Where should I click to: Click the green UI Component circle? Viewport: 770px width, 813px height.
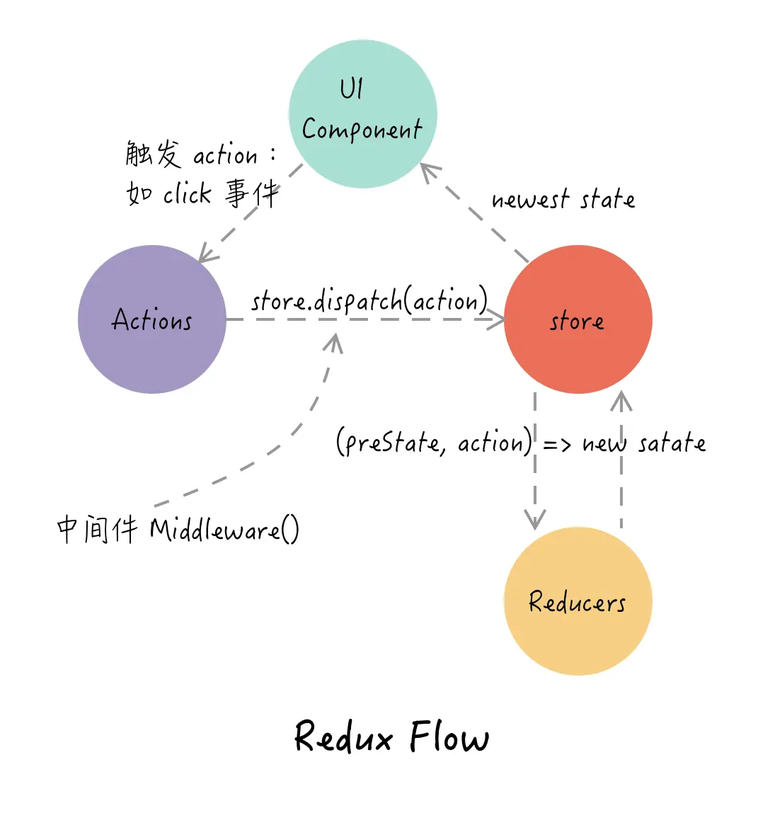pos(363,114)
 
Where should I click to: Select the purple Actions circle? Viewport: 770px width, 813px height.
pos(152,319)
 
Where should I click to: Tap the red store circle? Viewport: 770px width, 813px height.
pos(578,319)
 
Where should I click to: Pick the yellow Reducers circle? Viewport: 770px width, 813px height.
pos(578,601)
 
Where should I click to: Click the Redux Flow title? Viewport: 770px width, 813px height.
pos(391,737)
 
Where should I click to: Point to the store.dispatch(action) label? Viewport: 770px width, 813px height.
pos(369,301)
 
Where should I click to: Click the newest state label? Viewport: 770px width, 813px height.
pos(563,199)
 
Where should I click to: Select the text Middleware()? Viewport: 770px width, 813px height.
pos(224,530)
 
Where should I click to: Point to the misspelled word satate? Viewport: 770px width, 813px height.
pos(672,444)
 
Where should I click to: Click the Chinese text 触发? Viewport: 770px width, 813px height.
pos(154,154)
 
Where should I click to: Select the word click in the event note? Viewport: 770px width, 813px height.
pos(188,193)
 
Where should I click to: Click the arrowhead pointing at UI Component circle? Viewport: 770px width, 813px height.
pos(427,170)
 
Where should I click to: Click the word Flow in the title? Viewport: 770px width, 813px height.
pos(449,737)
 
